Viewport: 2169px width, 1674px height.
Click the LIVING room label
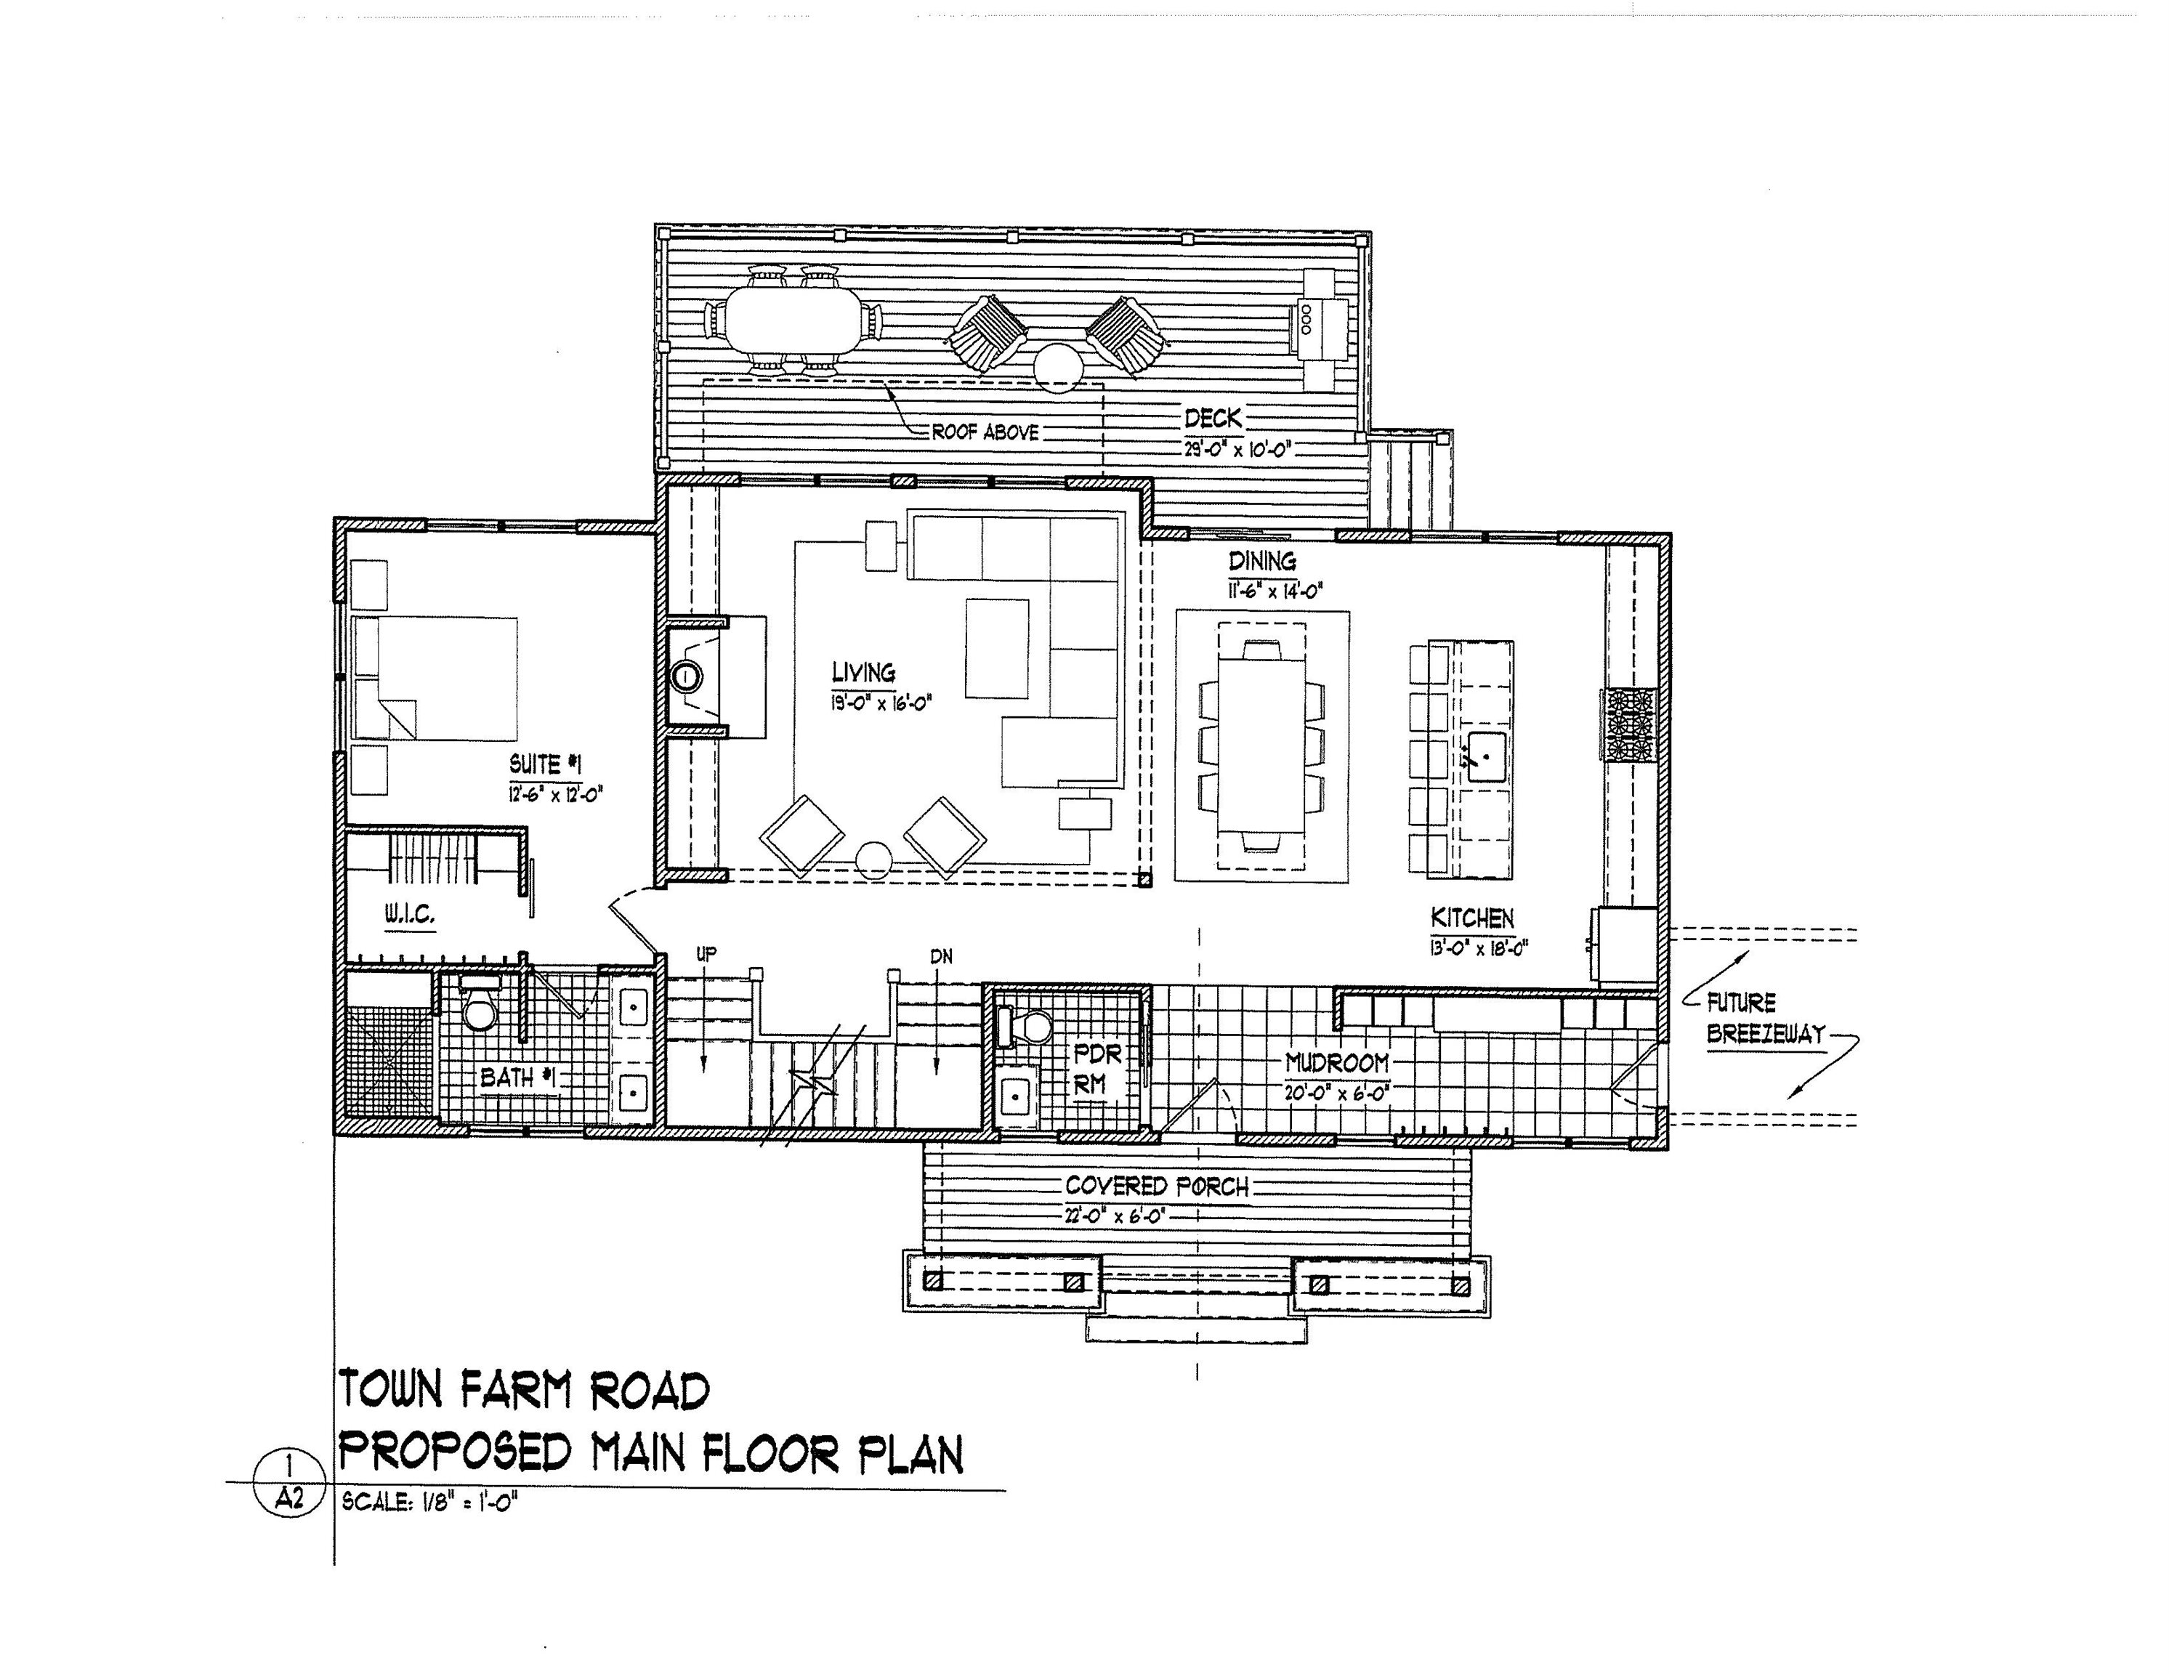coord(863,674)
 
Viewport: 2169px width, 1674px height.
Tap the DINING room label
coord(1262,561)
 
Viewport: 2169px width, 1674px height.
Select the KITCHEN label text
coord(1472,918)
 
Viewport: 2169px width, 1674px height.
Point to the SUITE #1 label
coord(544,764)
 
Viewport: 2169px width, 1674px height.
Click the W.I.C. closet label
coord(409,915)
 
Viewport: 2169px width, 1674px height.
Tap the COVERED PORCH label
coord(1156,1186)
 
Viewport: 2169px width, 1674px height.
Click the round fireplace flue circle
coord(685,677)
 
